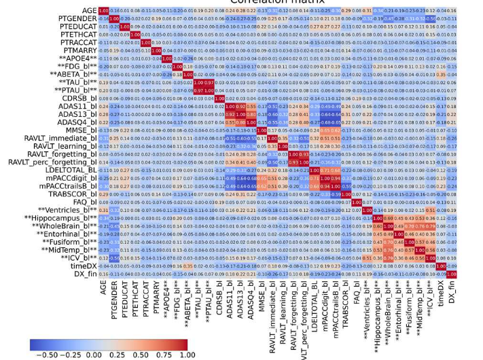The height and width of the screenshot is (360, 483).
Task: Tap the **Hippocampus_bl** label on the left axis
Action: pos(60,217)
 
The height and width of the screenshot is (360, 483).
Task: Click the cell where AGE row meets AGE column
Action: pos(103,11)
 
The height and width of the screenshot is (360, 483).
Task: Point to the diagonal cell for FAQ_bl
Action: pos(357,202)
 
